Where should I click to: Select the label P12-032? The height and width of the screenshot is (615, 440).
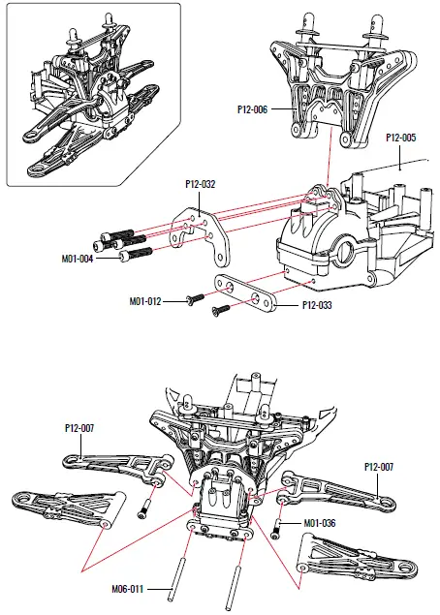tap(201, 181)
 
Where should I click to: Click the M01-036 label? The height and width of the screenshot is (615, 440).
tap(320, 524)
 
